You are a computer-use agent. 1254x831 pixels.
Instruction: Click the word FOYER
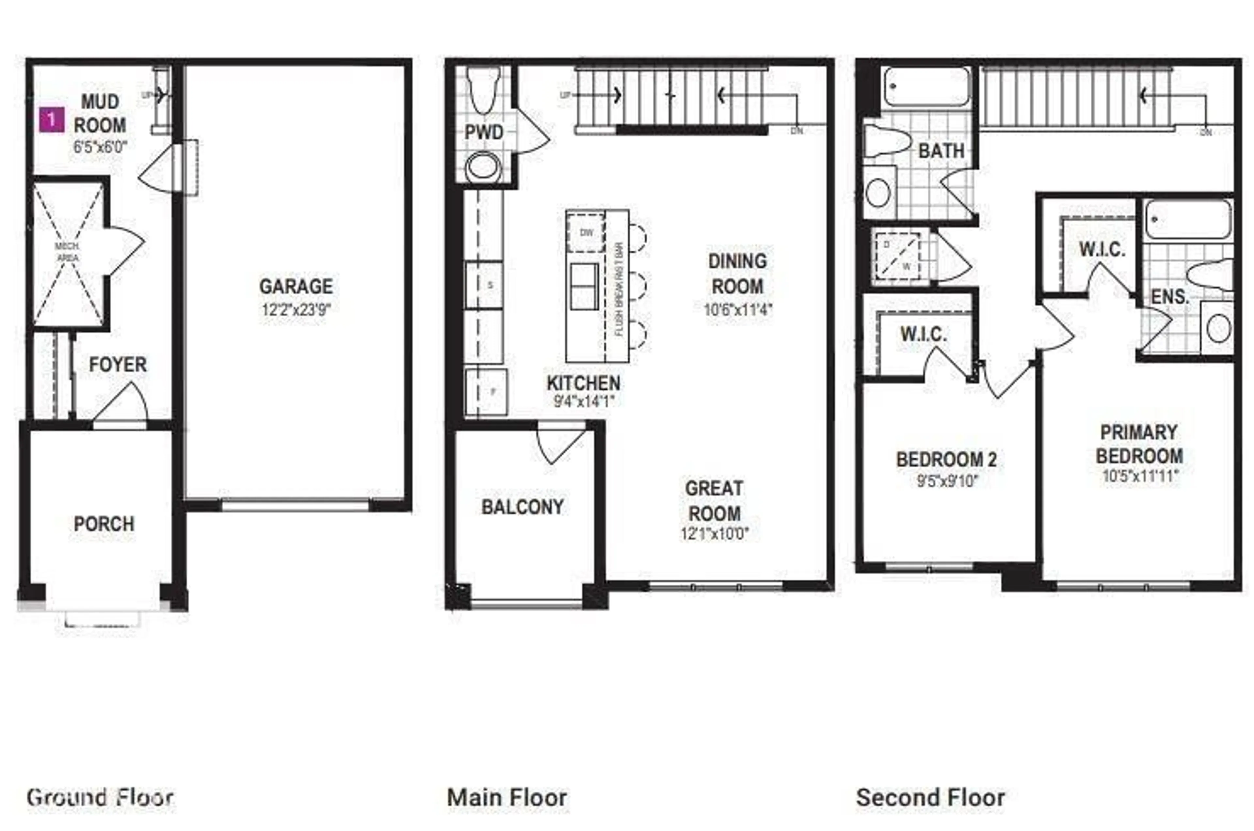[118, 365]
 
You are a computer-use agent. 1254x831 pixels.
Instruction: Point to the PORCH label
[104, 524]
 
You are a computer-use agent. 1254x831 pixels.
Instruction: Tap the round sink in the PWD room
[483, 167]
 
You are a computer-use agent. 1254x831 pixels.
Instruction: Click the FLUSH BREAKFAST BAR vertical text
[618, 289]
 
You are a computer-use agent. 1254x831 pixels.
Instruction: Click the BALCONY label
[522, 507]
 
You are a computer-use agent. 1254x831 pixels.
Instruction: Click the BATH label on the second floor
[941, 151]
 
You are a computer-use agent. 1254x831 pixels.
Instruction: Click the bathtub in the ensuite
[1188, 219]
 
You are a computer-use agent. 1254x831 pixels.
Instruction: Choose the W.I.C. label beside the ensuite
[1102, 250]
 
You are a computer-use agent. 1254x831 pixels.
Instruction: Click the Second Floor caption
[930, 798]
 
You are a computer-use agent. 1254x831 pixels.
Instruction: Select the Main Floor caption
[507, 798]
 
